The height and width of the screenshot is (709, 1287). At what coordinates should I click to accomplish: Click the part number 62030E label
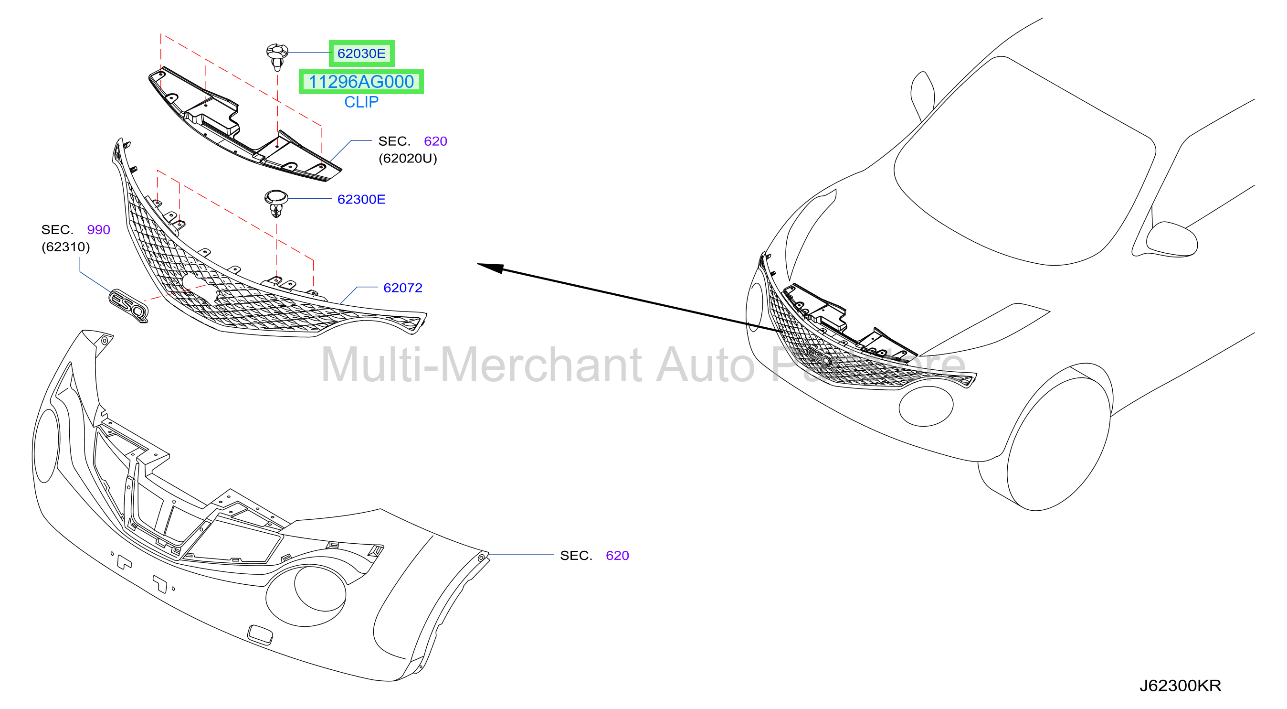tap(361, 54)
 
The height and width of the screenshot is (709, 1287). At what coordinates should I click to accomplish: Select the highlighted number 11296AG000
tap(361, 82)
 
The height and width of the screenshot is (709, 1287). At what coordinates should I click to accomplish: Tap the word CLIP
tap(361, 102)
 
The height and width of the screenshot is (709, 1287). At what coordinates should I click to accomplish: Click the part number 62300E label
tap(361, 199)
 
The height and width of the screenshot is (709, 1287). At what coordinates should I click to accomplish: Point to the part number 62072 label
tap(403, 288)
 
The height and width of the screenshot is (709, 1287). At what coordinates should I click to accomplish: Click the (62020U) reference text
tap(408, 159)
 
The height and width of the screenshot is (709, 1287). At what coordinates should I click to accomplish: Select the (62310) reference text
tap(65, 247)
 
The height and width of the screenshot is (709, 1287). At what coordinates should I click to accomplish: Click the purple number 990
tap(98, 229)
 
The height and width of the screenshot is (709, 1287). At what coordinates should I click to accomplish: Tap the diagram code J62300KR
tap(1180, 686)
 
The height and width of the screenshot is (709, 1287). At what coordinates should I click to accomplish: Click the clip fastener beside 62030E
tap(277, 56)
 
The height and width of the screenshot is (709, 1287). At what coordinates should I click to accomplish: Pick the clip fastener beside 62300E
tap(276, 203)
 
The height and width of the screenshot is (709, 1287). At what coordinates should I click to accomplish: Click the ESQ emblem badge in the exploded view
tap(129, 305)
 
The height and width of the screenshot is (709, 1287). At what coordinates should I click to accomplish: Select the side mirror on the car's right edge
tap(1171, 240)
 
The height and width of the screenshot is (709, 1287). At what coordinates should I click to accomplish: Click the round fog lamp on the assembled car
tap(926, 407)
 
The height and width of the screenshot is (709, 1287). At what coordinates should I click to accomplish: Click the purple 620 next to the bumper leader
tap(617, 556)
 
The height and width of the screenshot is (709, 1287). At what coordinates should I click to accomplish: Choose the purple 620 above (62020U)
tap(435, 141)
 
